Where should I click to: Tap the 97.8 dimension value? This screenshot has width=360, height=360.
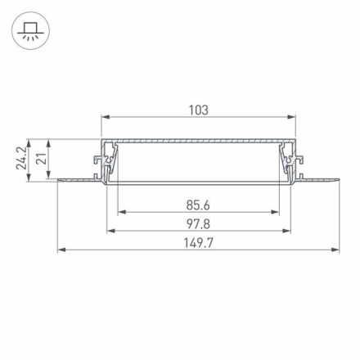198,223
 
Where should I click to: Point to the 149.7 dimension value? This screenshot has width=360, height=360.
198,242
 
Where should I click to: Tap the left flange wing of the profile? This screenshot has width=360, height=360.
78,178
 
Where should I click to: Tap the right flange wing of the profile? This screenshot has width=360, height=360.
319,178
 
